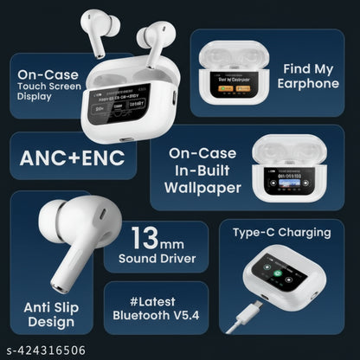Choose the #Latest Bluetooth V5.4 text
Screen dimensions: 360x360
pos(154,308)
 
